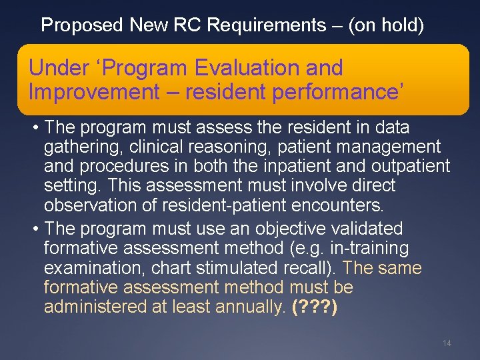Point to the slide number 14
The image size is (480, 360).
pyautogui.click(x=447, y=343)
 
